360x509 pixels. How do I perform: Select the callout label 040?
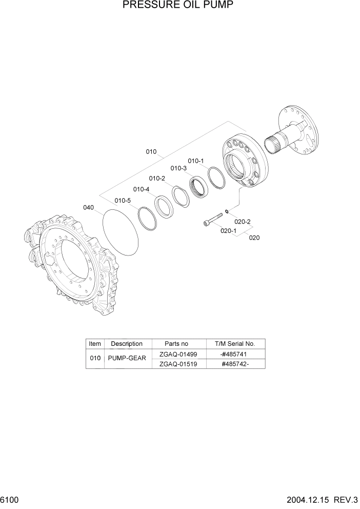point(88,207)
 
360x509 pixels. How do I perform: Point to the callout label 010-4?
point(142,189)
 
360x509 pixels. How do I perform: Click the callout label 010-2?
point(157,178)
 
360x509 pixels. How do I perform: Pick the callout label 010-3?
point(178,168)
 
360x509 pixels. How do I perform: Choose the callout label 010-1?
point(195,161)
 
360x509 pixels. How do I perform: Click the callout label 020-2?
point(242,222)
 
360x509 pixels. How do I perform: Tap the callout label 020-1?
point(228,231)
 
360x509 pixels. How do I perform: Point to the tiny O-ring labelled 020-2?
point(226,210)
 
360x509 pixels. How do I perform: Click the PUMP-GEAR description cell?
point(127,359)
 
